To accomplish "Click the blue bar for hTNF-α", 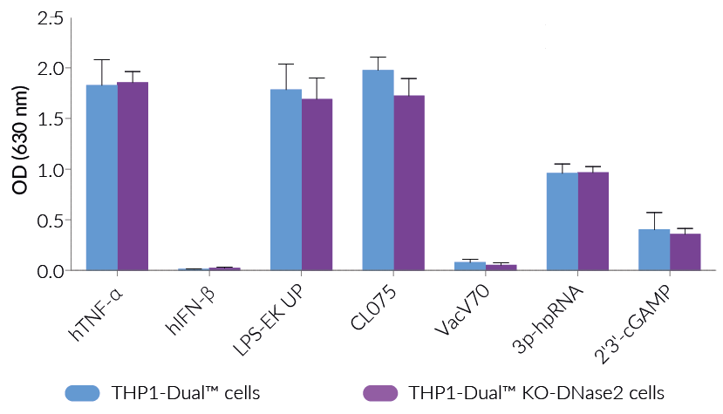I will (102, 178).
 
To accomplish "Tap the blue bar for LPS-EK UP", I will (286, 180).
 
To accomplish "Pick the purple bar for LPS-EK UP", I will (317, 185).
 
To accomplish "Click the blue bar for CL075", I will (378, 170).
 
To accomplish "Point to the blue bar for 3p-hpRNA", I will (562, 221).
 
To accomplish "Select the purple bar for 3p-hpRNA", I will (593, 221).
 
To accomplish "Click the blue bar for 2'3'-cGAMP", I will (654, 249).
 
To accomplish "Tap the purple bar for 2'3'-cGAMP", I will (685, 252).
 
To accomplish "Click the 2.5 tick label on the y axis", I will (50, 17).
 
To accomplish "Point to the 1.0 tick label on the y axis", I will (50, 169).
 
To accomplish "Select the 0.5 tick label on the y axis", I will (50, 220).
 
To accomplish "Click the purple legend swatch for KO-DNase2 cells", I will (379, 392).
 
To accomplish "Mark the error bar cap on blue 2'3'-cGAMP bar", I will (654, 213).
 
